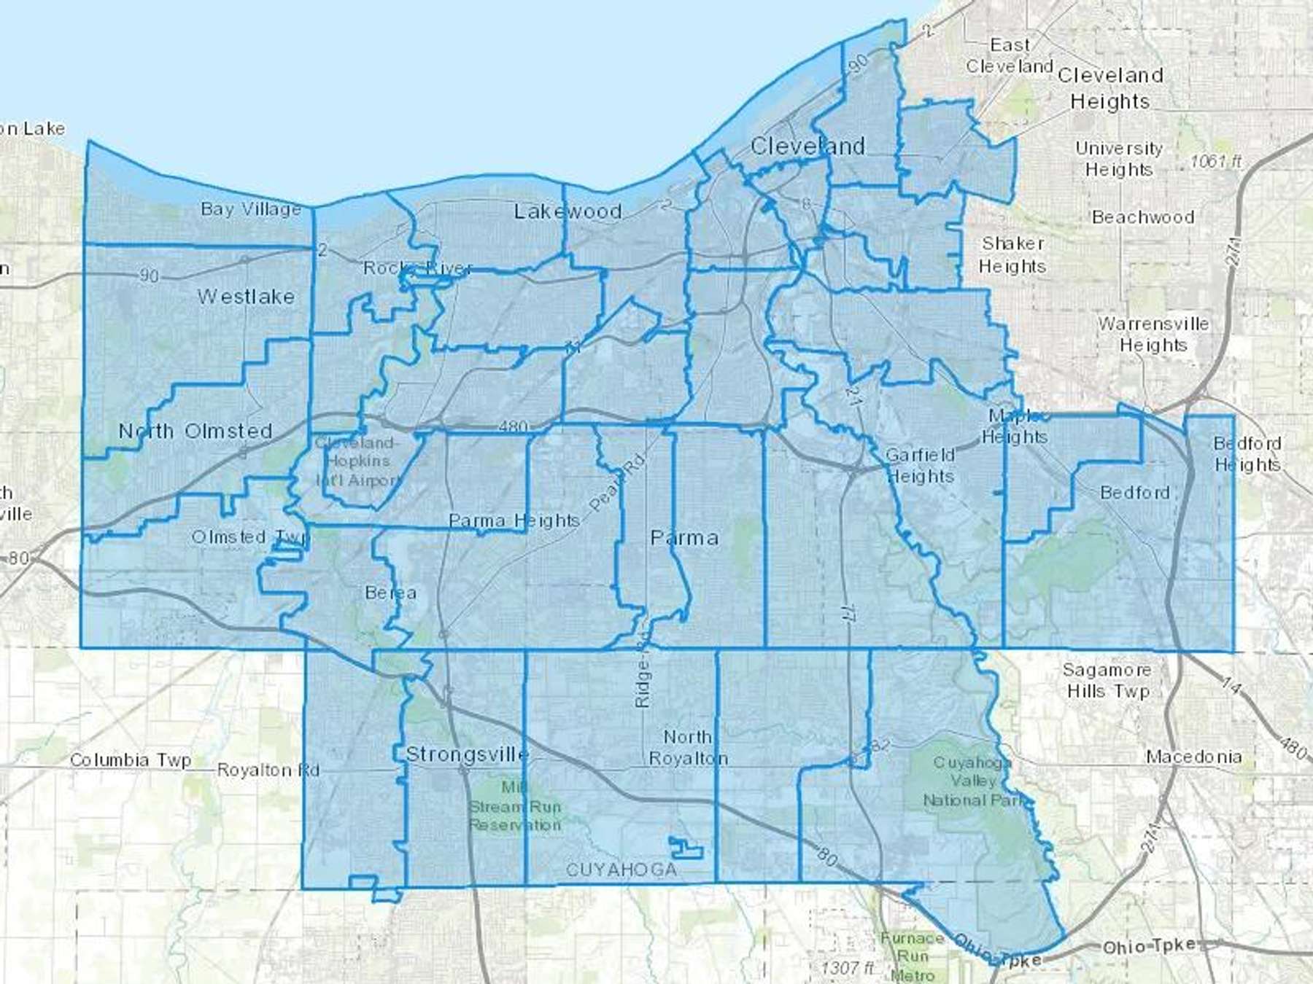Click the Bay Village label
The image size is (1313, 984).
251,209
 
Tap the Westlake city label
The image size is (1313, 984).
246,297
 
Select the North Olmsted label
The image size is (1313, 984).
195,431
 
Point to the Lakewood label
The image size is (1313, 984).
568,211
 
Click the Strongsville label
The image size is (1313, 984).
467,754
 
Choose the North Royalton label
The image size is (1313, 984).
688,748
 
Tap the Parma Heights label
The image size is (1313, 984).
514,520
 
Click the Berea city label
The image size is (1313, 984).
391,593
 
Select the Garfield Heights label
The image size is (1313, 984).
920,465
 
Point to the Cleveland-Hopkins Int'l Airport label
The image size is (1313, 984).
357,461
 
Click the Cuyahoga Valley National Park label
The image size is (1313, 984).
973,781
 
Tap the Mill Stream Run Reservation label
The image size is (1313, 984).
515,807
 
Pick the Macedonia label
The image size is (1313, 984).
1193,757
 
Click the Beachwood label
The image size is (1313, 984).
1143,217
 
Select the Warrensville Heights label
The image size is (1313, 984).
1153,334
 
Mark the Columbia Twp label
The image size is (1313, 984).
131,760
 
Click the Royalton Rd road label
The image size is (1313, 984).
268,770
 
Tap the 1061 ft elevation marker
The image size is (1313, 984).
1216,161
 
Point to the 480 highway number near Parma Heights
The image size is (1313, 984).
513,426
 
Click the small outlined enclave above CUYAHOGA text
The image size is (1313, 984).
686,847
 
